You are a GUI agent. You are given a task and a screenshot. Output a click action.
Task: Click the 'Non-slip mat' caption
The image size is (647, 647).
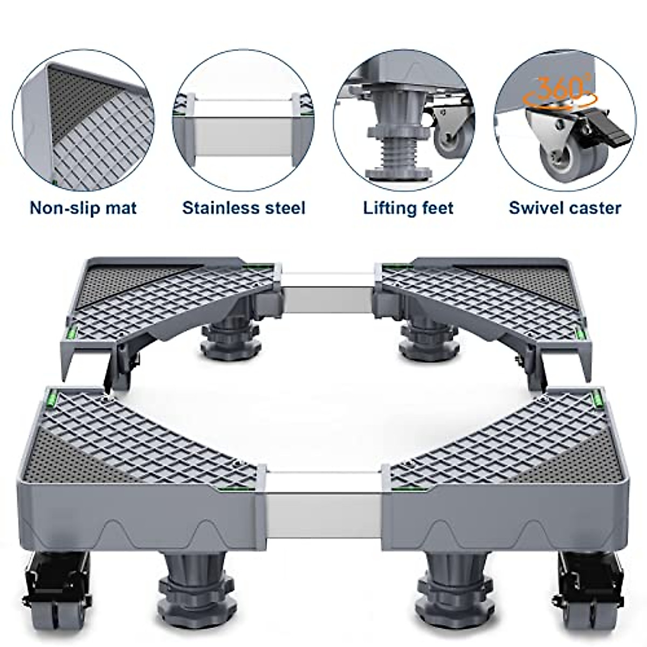[84, 208]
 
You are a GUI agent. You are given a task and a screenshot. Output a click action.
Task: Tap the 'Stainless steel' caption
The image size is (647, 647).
[244, 208]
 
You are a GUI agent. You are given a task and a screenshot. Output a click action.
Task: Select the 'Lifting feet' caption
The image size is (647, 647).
[408, 208]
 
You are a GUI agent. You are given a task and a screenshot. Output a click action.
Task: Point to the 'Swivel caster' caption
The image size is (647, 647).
[565, 208]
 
